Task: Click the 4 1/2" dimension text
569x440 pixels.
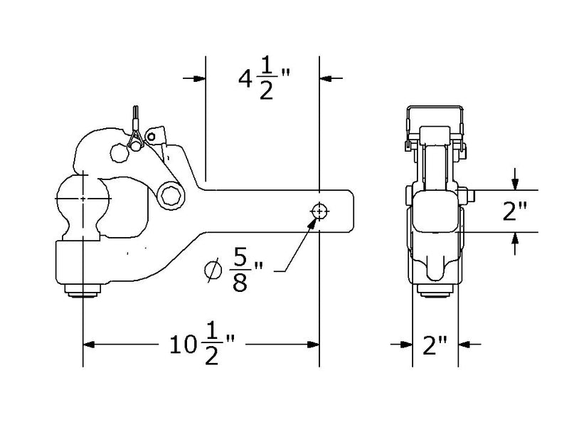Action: pyautogui.click(x=261, y=80)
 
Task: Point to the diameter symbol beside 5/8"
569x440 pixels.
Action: pyautogui.click(x=211, y=271)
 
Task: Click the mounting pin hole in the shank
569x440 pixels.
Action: pyautogui.click(x=319, y=211)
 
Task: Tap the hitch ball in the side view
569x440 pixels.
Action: pyautogui.click(x=83, y=197)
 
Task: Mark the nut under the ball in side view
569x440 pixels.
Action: pyautogui.click(x=83, y=290)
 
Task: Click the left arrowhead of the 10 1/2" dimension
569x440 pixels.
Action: pyautogui.click(x=90, y=345)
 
